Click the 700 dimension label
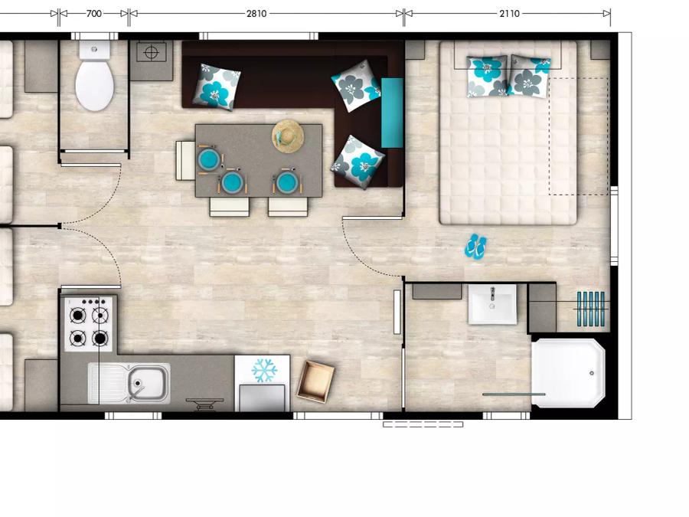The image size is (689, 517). [x=93, y=14]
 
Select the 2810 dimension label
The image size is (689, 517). [x=256, y=14]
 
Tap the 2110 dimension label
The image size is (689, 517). [x=509, y=14]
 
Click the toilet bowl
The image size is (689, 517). [x=94, y=85]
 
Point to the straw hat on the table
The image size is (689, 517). [x=289, y=136]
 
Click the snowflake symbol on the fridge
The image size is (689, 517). [x=264, y=370]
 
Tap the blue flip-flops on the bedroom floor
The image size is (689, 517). [x=475, y=247]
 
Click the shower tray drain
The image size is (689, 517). [x=592, y=373]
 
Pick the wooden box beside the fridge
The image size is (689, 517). [x=315, y=381]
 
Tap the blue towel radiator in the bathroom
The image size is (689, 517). [x=591, y=309]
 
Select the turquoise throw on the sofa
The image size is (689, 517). [x=392, y=113]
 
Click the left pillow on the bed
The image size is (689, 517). [x=487, y=76]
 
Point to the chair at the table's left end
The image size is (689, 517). [x=185, y=161]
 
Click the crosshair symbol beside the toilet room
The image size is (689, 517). [x=151, y=53]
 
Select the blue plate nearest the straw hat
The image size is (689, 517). [x=287, y=182]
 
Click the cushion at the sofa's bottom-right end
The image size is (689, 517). [x=358, y=162]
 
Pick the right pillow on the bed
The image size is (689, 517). [x=529, y=76]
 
